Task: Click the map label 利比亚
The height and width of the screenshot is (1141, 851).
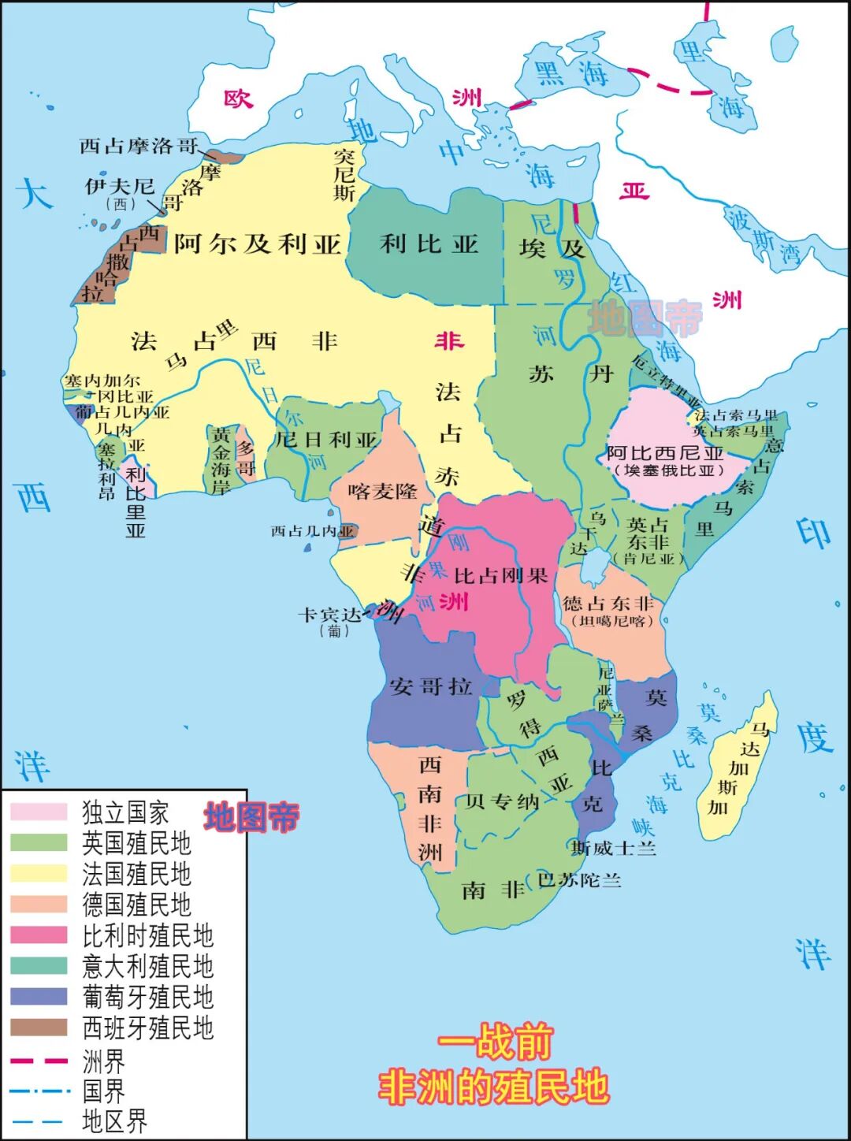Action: [x=429, y=244]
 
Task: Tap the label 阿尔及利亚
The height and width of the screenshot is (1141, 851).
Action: [x=257, y=243]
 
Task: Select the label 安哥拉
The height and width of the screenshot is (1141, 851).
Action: [x=430, y=686]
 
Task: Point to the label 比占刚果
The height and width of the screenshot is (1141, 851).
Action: [x=500, y=576]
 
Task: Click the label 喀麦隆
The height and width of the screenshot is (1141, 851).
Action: [x=382, y=492]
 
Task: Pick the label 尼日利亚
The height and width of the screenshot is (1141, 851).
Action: [x=326, y=440]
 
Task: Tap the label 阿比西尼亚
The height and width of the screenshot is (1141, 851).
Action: [x=665, y=453]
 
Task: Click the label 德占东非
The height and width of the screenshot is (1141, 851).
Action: [x=608, y=604]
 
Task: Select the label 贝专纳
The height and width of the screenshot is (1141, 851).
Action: [x=502, y=802]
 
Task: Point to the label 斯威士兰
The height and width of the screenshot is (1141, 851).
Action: [x=614, y=848]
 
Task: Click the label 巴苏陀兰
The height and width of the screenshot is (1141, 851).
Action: [x=579, y=880]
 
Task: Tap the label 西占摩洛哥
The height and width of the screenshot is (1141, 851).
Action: [x=139, y=146]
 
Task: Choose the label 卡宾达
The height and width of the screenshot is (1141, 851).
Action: [x=329, y=615]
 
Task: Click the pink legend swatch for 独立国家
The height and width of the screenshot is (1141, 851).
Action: [x=39, y=812]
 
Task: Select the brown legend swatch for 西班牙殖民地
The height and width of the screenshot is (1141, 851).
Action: [x=39, y=1028]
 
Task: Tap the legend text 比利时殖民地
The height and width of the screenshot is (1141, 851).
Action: [x=148, y=935]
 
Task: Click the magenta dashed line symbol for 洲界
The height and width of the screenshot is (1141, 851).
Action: [x=39, y=1061]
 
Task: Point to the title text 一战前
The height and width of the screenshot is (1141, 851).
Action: [x=495, y=1043]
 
